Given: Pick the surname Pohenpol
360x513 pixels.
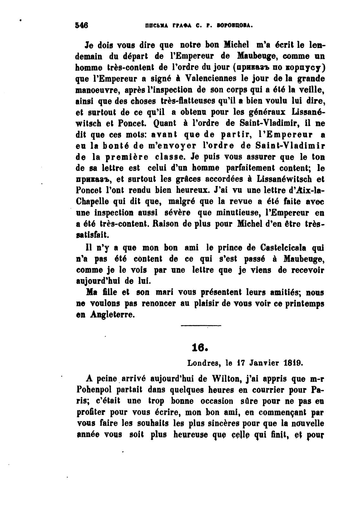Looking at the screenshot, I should [95, 390].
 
